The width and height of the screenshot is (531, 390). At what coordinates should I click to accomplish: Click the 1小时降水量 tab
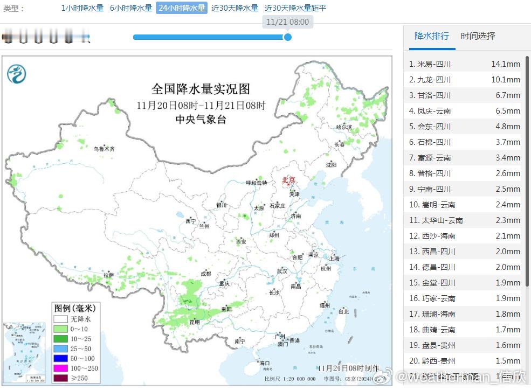(82, 8)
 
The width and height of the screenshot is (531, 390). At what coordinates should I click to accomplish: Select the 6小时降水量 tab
(131, 8)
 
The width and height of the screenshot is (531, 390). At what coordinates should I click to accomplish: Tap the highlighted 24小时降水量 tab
(182, 8)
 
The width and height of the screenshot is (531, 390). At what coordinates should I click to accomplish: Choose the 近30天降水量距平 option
(295, 8)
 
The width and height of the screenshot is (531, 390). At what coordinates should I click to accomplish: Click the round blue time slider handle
(288, 37)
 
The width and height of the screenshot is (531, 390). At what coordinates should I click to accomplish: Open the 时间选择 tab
(478, 36)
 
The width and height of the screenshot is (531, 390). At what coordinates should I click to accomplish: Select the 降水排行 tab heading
(431, 36)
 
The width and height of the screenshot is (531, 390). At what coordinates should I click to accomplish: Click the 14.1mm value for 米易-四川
(505, 64)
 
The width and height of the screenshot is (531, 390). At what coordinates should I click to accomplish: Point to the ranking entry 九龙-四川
(434, 80)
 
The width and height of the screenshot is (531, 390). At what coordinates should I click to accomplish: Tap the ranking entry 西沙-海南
(436, 236)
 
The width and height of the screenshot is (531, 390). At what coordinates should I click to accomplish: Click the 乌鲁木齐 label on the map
(104, 149)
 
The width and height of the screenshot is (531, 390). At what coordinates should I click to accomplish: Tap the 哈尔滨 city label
(343, 127)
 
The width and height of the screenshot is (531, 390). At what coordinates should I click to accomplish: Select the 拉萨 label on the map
(109, 275)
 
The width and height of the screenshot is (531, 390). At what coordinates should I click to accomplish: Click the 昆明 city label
(194, 322)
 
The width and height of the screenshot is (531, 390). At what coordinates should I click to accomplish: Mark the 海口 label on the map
(264, 364)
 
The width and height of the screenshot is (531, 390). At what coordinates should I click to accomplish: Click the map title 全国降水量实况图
(201, 89)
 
